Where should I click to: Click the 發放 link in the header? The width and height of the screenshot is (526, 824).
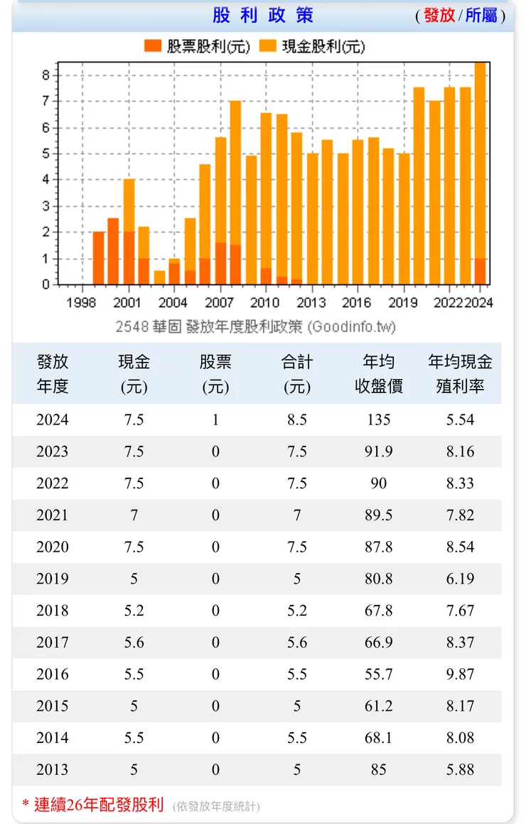pos(439,15)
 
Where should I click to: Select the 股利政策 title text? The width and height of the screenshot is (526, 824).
pos(263,15)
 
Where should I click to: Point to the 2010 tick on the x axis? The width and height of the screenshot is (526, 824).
pos(265,303)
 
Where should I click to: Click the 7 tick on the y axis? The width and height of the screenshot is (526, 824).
pos(45,101)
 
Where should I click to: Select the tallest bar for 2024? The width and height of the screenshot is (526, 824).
pos(481,171)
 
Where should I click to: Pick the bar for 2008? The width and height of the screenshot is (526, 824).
pos(235,192)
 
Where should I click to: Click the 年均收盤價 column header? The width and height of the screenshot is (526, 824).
pos(379,374)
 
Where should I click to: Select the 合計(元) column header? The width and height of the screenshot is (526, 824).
pos(297,374)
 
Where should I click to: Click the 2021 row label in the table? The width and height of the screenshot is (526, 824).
pos(53,515)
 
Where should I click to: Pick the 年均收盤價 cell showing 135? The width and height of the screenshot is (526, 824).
pos(379,420)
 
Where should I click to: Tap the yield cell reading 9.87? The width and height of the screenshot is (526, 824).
pos(460,675)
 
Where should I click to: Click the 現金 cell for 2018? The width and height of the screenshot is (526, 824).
pos(134,611)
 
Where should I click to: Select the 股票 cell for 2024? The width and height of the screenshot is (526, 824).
pos(215,420)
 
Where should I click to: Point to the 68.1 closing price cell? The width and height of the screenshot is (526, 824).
pos(379,738)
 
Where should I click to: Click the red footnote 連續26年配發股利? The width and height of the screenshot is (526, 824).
pos(99,805)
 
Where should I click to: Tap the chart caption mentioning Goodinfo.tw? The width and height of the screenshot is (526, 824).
pos(255,326)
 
